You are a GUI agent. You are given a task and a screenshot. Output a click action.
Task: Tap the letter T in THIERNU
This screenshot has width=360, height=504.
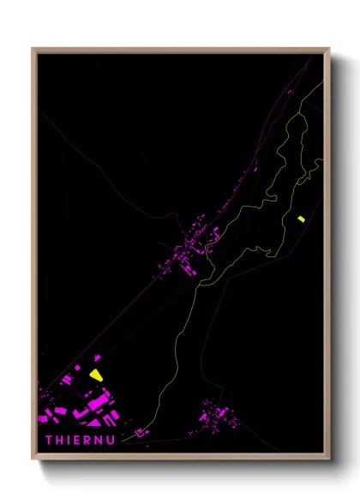49,440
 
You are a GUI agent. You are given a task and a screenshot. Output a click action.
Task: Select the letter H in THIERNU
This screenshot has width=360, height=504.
60,440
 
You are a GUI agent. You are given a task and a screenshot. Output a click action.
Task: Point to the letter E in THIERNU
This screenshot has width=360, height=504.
78,440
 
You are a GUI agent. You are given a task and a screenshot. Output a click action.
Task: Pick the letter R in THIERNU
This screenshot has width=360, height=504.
88,440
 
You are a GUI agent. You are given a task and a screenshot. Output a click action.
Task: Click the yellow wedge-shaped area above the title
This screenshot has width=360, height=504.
94,374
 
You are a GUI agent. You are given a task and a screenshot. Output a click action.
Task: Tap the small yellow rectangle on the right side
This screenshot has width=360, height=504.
300,219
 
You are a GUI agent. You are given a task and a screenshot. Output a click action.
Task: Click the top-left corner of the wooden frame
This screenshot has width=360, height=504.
33,50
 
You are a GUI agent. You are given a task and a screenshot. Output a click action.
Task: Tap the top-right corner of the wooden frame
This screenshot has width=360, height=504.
328,50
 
